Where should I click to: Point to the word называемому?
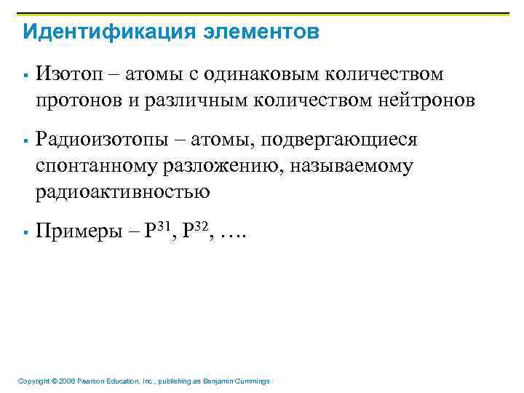(352, 166)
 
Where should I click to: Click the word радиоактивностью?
(123, 192)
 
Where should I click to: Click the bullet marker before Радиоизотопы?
(25, 140)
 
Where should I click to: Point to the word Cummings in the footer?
(251, 381)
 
